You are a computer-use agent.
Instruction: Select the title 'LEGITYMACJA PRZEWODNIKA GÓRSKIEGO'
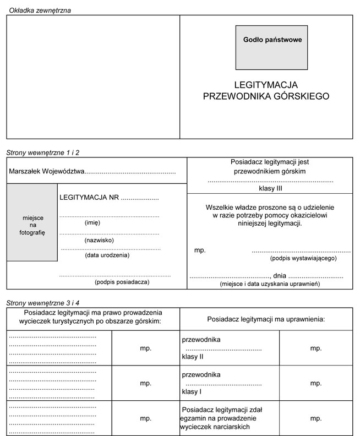(x=266, y=91)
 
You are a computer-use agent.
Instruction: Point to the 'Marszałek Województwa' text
(x=47, y=172)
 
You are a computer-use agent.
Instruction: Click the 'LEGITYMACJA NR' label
(x=89, y=197)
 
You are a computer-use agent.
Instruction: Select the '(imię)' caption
(x=92, y=223)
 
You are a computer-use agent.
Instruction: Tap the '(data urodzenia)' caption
(x=107, y=255)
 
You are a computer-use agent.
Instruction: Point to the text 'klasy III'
(x=270, y=188)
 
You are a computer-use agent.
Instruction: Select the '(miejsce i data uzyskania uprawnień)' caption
(x=269, y=284)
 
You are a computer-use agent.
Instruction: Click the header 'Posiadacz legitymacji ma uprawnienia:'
(x=266, y=319)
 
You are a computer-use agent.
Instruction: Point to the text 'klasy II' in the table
(x=193, y=357)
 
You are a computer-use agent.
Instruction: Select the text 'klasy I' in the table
(x=192, y=392)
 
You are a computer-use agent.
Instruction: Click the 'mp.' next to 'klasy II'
(x=316, y=348)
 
